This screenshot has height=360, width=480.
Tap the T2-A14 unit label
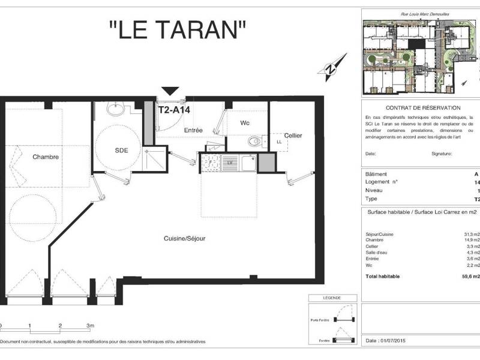pos(173,110)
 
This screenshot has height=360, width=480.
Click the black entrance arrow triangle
pos(170,91)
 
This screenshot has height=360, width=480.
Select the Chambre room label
pos(46,157)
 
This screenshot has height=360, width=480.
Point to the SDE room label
pos(122,149)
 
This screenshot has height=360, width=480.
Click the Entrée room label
pos(193,130)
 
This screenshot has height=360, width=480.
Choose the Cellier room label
pos(293,136)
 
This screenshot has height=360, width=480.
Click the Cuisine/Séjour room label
pos(185,238)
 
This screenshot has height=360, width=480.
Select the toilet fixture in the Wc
pos(254,142)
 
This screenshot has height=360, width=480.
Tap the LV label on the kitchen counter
pos(229,161)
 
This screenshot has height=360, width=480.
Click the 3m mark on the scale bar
pos(90,326)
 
